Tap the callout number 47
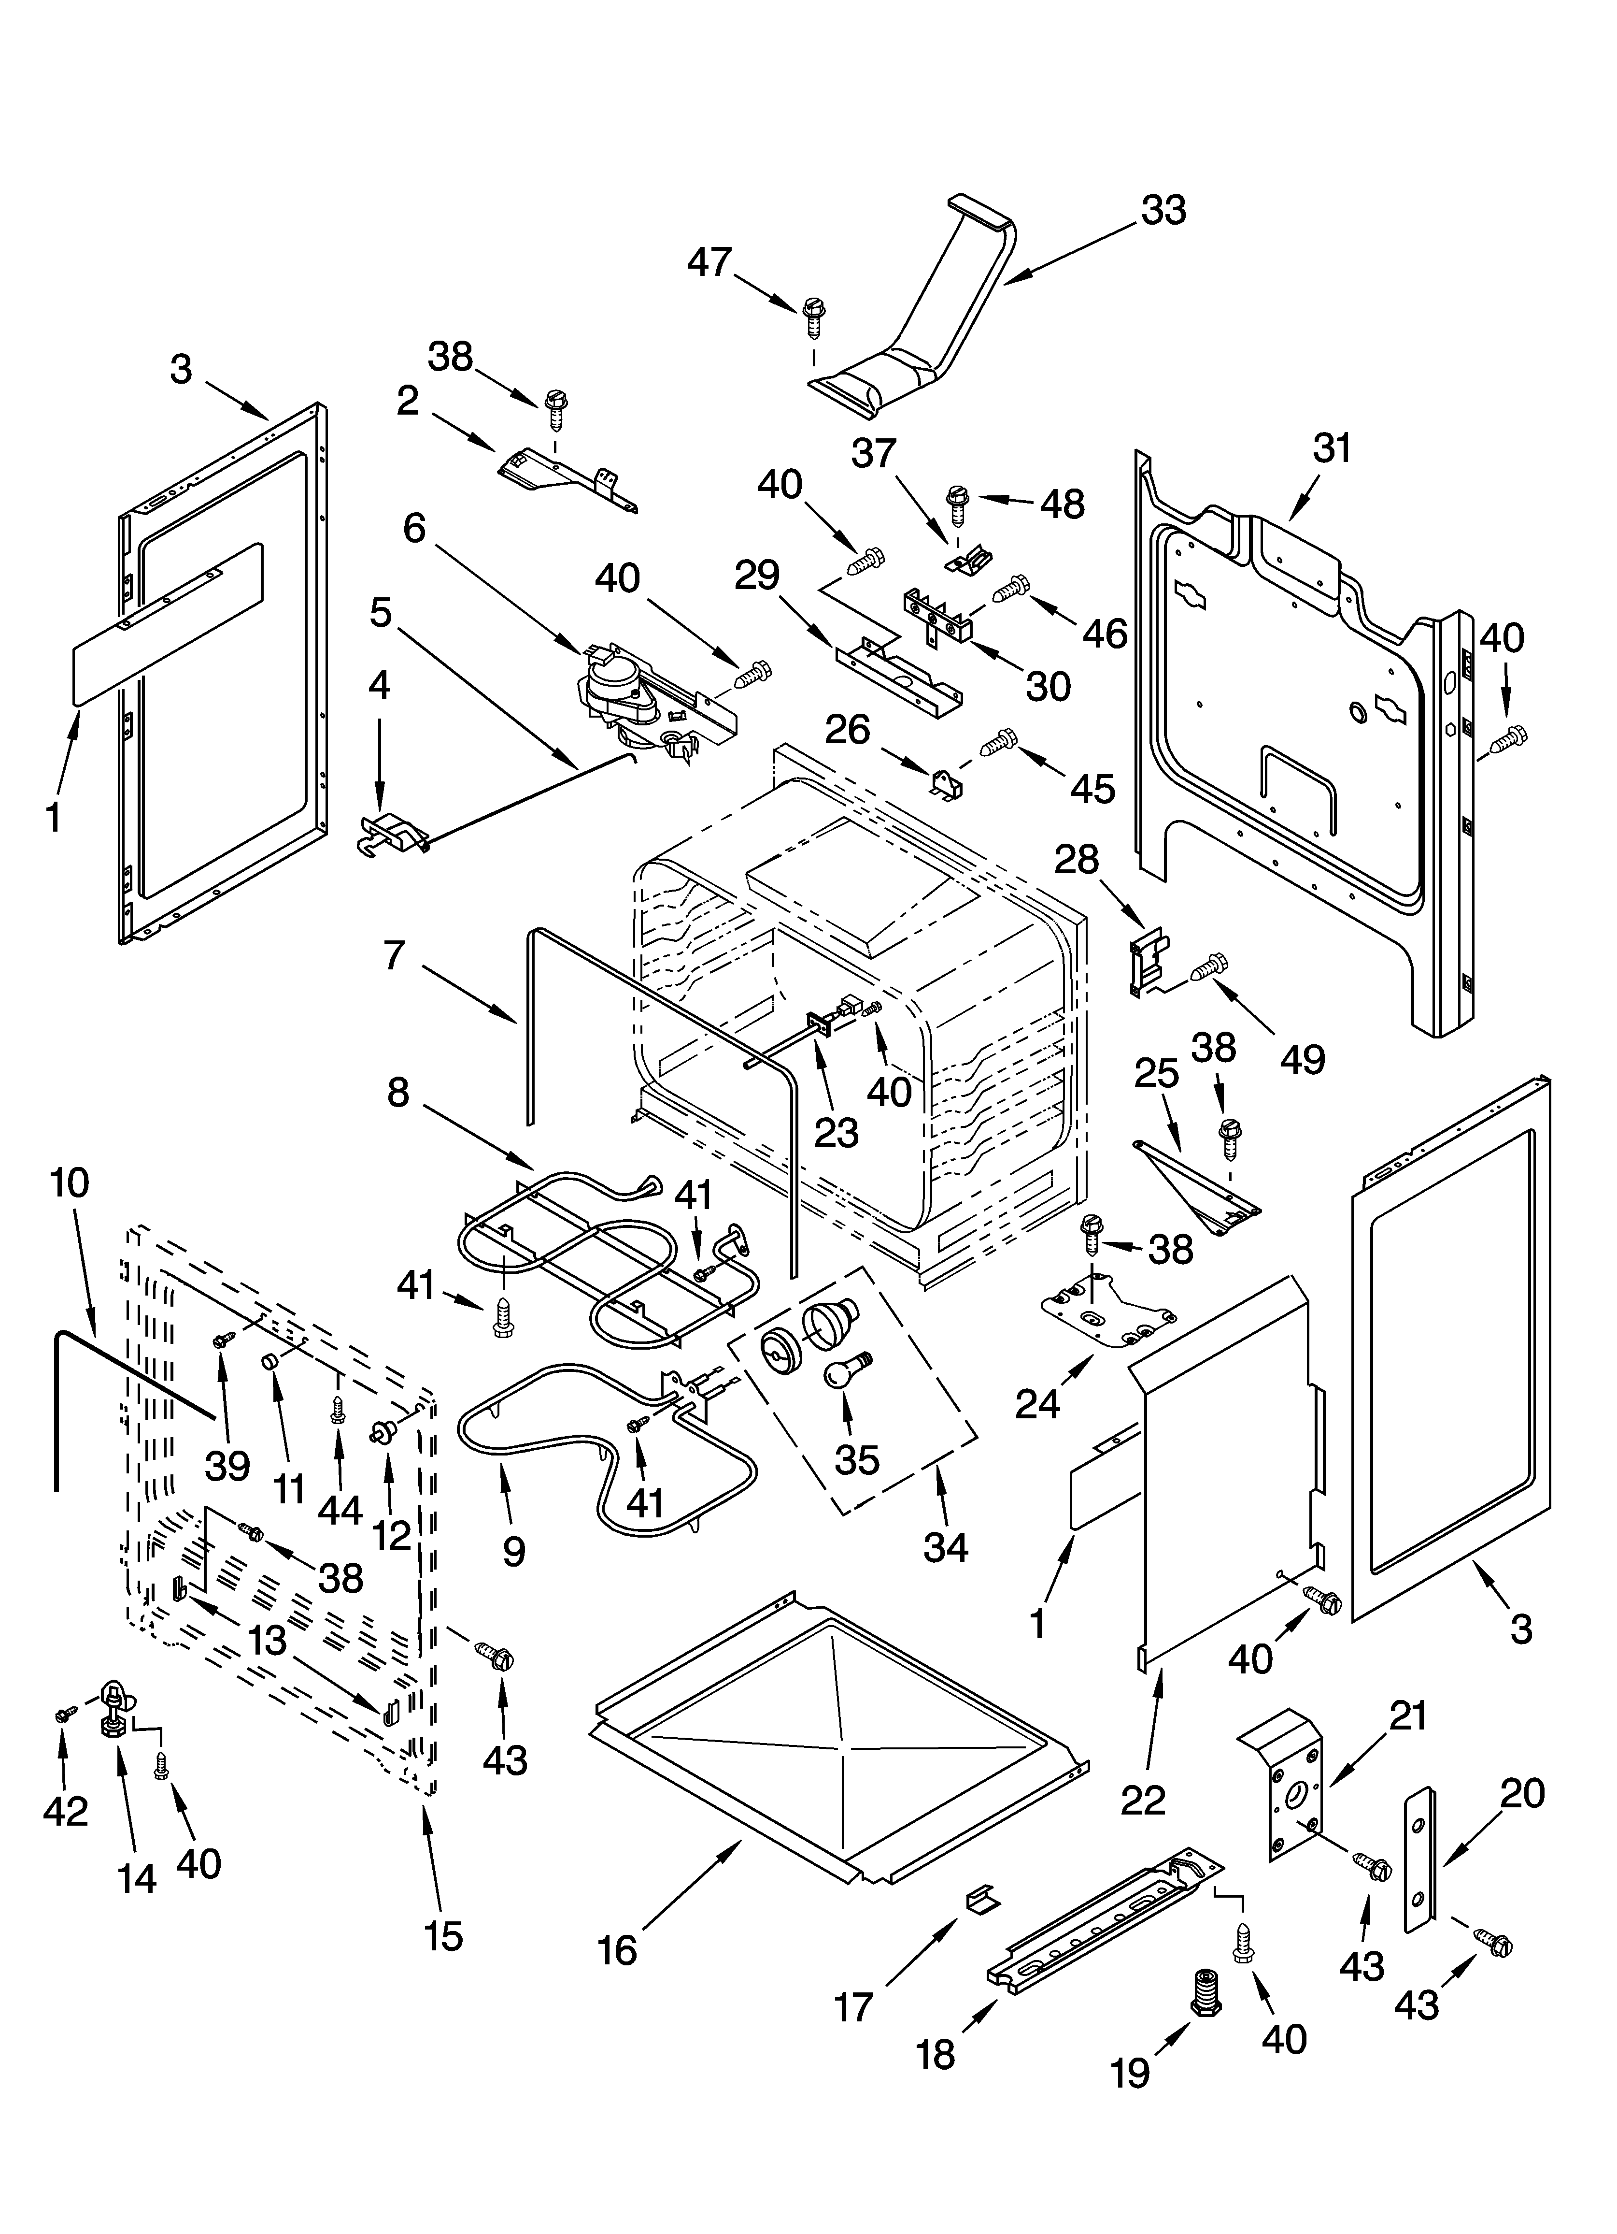coord(709,262)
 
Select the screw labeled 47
coord(813,318)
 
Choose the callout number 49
coord(1302,1059)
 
